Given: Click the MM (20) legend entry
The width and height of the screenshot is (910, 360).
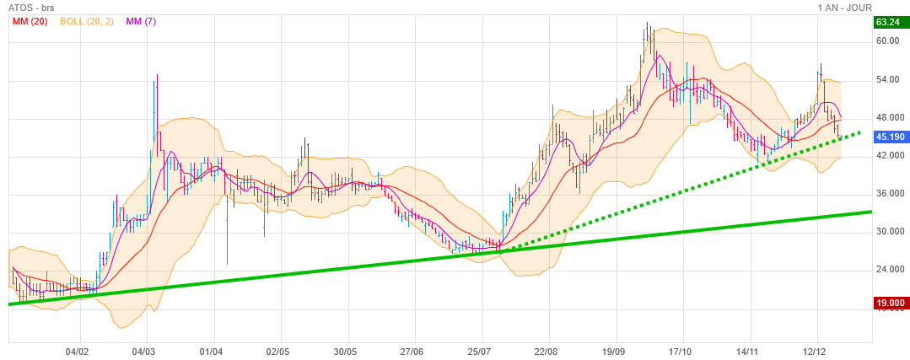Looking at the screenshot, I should pyautogui.click(x=30, y=21).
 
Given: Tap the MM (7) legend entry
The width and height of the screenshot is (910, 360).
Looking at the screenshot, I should pyautogui.click(x=141, y=21).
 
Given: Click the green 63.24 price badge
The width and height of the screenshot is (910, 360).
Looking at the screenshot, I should pyautogui.click(x=890, y=22).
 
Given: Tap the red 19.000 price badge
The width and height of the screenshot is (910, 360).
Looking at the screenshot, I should pyautogui.click(x=891, y=303).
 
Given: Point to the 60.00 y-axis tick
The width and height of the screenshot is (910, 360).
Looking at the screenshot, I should pyautogui.click(x=888, y=40).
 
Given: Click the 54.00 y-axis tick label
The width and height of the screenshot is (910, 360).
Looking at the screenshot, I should pyautogui.click(x=888, y=79).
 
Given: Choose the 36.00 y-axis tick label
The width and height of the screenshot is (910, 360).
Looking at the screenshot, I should pyautogui.click(x=888, y=194).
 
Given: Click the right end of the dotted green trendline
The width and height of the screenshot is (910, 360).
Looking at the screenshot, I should pyautogui.click(x=859, y=132).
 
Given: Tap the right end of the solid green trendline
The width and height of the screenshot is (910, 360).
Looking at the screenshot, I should pyautogui.click(x=870, y=212).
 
